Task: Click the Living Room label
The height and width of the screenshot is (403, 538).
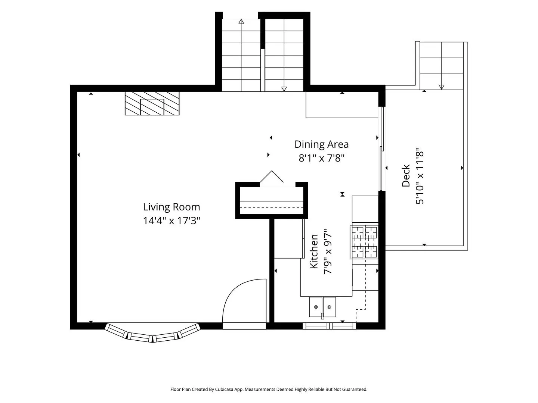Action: click(171, 207)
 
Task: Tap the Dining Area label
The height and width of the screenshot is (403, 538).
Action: click(322, 144)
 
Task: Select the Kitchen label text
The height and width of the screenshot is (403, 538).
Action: click(314, 252)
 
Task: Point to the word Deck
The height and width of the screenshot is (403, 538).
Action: click(406, 176)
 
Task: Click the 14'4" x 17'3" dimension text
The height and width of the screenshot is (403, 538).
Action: click(171, 221)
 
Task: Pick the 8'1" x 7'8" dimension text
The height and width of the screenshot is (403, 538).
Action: click(322, 158)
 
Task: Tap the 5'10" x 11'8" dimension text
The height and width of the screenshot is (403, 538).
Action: click(420, 176)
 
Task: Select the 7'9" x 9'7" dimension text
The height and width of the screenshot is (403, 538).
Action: click(328, 252)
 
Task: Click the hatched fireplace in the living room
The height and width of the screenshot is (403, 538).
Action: click(152, 103)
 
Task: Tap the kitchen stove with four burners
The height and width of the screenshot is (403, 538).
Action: click(364, 242)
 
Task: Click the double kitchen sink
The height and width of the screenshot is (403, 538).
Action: click(322, 307)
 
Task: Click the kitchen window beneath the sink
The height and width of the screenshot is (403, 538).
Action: click(329, 326)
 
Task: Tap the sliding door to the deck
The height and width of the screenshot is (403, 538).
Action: click(381, 149)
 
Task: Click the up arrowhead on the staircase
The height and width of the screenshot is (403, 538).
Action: click(241, 22)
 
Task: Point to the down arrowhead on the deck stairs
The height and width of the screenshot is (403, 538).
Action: click(442, 87)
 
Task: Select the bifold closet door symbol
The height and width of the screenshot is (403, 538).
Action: click(272, 176)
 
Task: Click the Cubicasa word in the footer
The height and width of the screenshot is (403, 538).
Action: click(224, 389)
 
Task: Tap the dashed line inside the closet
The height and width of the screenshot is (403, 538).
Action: click(272, 207)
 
